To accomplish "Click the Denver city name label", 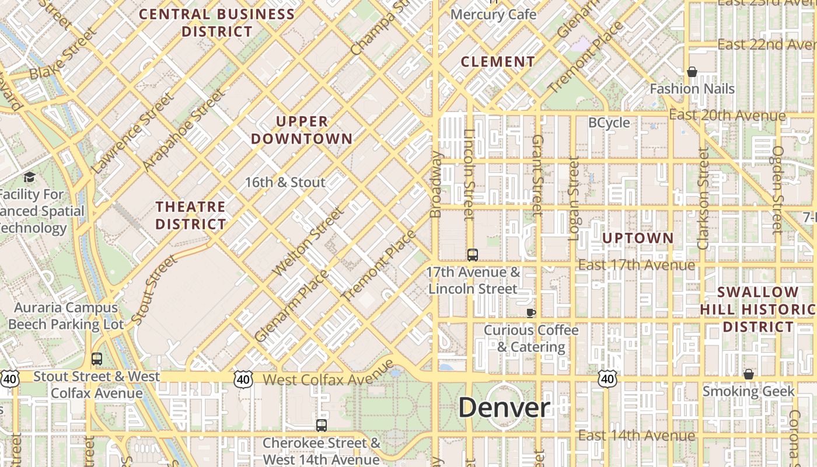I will pyautogui.click(x=504, y=407).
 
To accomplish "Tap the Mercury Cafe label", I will pyautogui.click(x=494, y=14).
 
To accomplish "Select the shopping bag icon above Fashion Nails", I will pyautogui.click(x=692, y=72).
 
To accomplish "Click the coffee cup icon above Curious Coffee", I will pyautogui.click(x=530, y=313).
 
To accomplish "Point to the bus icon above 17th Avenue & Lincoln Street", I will pyautogui.click(x=473, y=255).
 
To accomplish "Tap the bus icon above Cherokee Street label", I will pyautogui.click(x=321, y=426).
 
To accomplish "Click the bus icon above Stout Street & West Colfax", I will pyautogui.click(x=97, y=359).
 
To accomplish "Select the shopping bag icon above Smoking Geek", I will pyautogui.click(x=749, y=374).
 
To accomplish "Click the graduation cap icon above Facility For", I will pyautogui.click(x=29, y=176).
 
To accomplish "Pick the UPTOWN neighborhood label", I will pyautogui.click(x=638, y=238).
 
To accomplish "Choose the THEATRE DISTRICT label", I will pyautogui.click(x=191, y=215).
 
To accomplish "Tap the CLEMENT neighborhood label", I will pyautogui.click(x=498, y=61).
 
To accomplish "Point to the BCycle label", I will pyautogui.click(x=609, y=123).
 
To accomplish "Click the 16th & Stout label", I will pyautogui.click(x=285, y=182).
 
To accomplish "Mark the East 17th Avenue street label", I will pyautogui.click(x=636, y=265).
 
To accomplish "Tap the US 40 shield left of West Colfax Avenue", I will pyautogui.click(x=243, y=379).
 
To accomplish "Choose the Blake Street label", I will pyautogui.click(x=61, y=56).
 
